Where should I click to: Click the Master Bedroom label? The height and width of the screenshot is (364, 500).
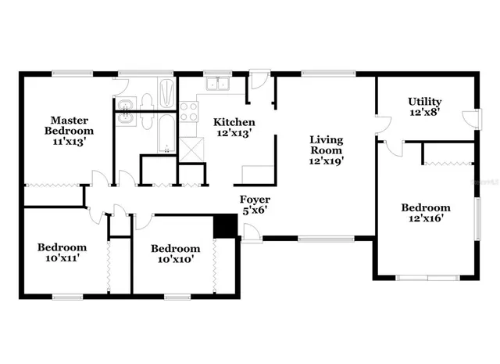pos(69,125)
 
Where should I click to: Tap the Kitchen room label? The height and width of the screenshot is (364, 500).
pos(234,122)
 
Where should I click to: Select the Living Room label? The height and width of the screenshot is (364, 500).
pos(327,145)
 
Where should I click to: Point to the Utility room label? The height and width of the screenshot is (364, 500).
pos(425,102)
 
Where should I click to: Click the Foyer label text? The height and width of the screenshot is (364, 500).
pos(255,199)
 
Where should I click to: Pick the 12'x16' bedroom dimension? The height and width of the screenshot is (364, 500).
pos(426,218)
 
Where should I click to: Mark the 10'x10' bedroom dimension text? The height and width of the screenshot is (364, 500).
pos(172,258)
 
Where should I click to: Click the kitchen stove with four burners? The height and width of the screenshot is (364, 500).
pos(189,111)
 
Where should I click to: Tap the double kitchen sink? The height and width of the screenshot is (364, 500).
pos(216,85)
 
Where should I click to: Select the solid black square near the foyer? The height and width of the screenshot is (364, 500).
pos(225,225)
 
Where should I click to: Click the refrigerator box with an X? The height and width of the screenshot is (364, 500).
pos(190,149)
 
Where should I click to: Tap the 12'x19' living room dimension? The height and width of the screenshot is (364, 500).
pos(327,161)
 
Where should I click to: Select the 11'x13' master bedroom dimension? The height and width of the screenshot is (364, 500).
pos(69,142)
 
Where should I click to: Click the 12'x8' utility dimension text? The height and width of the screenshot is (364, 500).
pos(425,113)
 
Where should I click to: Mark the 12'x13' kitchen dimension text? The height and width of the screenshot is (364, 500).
pos(234,133)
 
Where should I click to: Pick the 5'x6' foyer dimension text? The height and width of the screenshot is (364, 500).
pos(255,210)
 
